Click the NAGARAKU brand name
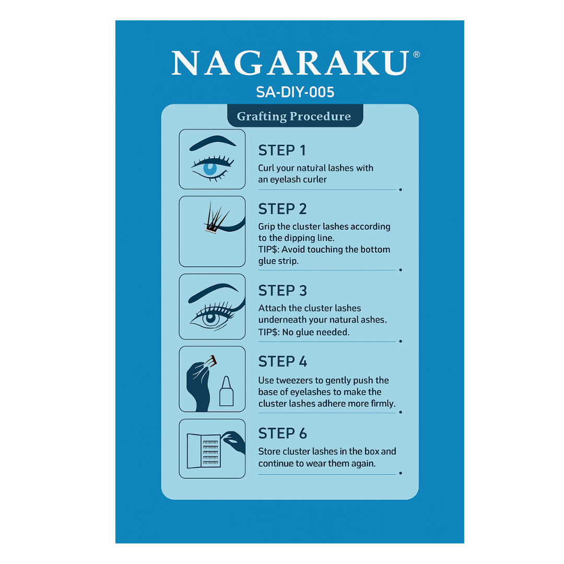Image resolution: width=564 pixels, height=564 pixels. [290, 63]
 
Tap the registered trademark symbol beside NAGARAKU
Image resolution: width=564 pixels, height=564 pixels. [417, 54]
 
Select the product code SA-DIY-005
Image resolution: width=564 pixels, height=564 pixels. [295, 92]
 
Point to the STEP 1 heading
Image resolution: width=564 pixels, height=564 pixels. [282, 150]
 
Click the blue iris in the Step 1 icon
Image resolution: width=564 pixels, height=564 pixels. [210, 168]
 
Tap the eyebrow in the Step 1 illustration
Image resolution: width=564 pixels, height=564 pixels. [212, 143]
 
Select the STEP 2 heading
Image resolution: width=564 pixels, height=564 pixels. [283, 209]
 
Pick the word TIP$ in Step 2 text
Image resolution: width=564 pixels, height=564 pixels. [269, 249]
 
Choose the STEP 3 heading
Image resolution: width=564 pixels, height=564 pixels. [283, 291]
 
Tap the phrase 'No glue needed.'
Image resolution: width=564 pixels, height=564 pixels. [315, 332]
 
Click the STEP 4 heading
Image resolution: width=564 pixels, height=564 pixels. [283, 361]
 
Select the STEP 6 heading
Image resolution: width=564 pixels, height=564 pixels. [283, 434]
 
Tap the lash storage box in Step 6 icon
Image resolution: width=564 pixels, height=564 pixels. [204, 451]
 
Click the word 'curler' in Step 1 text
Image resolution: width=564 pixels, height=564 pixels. [313, 180]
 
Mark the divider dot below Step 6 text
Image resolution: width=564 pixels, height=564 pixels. [401, 473]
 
